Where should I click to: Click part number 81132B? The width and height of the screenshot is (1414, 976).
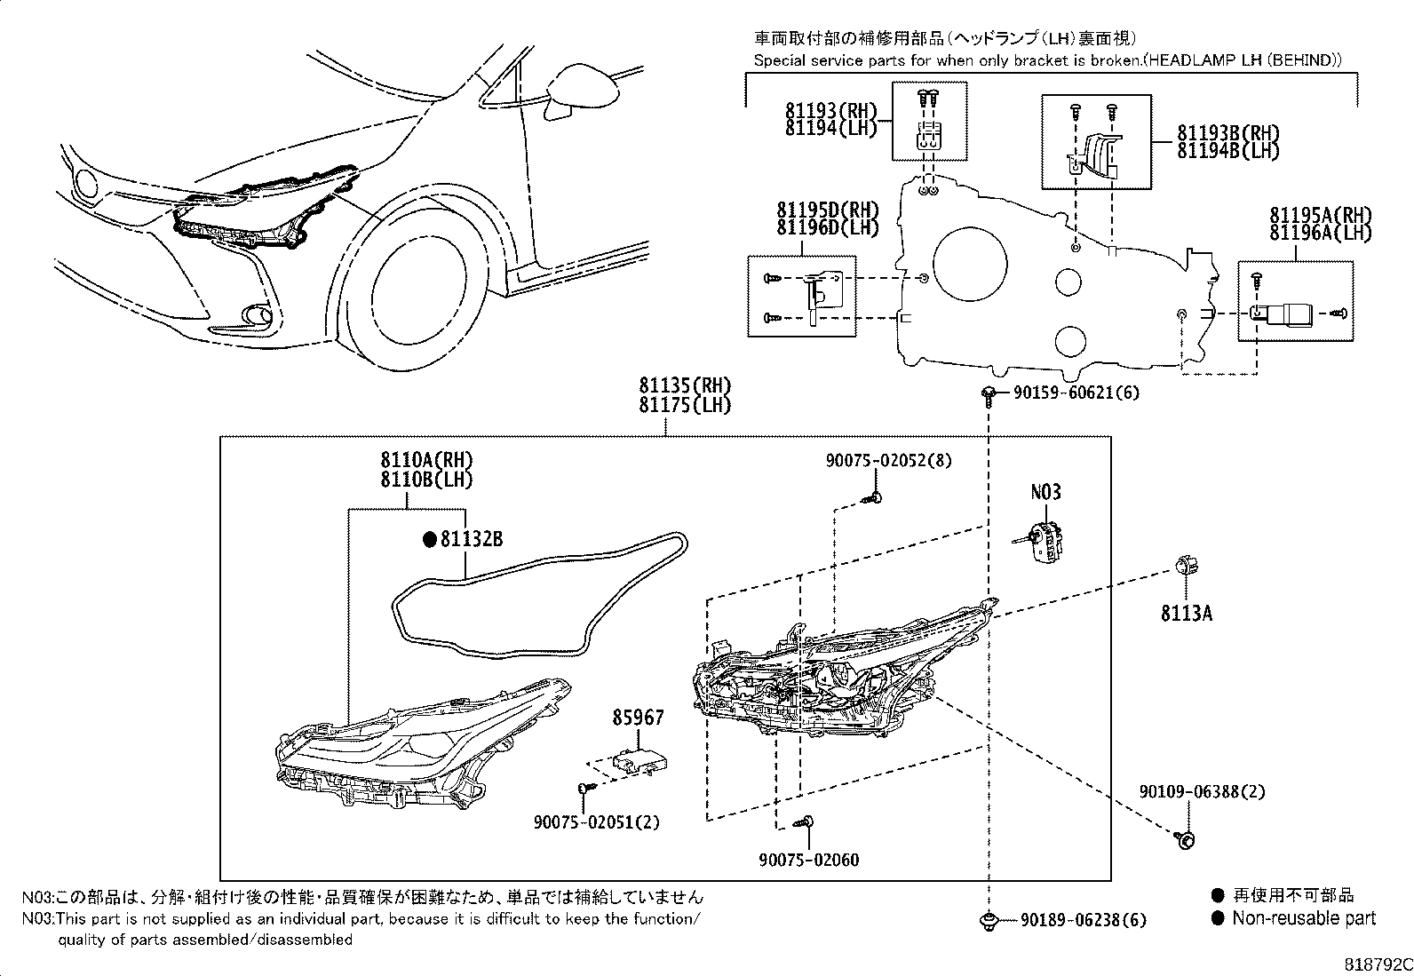pyautogui.click(x=472, y=538)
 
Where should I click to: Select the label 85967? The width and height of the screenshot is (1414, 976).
pyautogui.click(x=637, y=717)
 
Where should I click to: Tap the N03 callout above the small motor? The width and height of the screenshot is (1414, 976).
pyautogui.click(x=1045, y=493)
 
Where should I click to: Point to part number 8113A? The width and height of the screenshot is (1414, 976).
pyautogui.click(x=1186, y=613)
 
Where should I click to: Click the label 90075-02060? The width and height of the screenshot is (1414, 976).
pyautogui.click(x=808, y=860)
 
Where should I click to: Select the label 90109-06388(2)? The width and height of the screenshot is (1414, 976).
pyautogui.click(x=1202, y=791)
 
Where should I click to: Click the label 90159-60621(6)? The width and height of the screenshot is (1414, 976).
pyautogui.click(x=1076, y=393)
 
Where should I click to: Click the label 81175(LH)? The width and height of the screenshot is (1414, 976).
pyautogui.click(x=684, y=406)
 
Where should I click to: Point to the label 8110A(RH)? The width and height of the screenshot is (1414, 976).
pyautogui.click(x=426, y=460)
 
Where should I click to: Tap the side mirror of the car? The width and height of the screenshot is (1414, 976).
pyautogui.click(x=582, y=90)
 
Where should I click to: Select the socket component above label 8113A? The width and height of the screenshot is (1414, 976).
pyautogui.click(x=1186, y=567)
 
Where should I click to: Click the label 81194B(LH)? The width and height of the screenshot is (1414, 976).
pyautogui.click(x=1228, y=151)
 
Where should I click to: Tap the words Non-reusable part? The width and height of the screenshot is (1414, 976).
pyautogui.click(x=1303, y=918)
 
